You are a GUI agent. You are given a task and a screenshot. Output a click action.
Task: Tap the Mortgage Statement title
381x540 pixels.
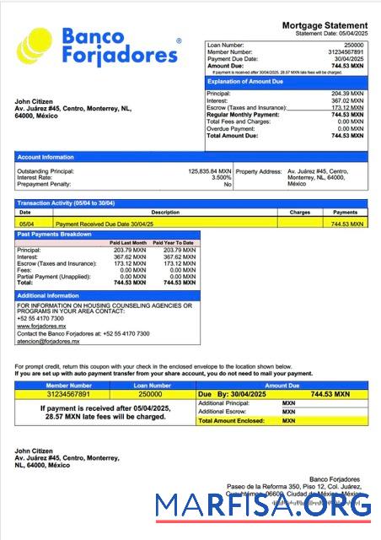click(x=325, y=26)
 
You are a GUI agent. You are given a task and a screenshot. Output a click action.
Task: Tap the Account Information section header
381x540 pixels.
click(x=46, y=157)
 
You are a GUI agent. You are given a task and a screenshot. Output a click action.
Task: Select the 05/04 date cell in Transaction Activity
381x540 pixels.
click(x=26, y=224)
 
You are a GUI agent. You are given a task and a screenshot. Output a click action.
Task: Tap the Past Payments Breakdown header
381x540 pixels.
click(x=55, y=234)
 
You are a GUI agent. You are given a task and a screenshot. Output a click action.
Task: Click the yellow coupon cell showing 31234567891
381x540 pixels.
click(x=60, y=394)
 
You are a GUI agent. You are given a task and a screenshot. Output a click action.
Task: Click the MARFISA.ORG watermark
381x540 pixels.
click(x=262, y=507)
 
